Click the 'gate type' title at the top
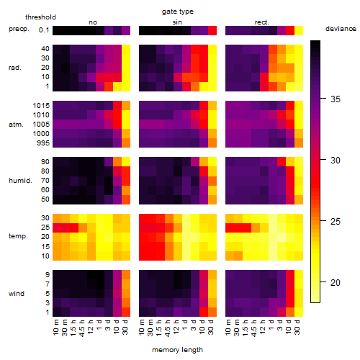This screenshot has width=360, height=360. (178, 12)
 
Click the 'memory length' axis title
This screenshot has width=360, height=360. (177, 350)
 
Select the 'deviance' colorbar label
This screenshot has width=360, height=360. (341, 29)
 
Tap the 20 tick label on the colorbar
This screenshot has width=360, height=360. (336, 282)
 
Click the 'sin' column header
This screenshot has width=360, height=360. (177, 22)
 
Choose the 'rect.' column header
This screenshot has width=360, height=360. (261, 22)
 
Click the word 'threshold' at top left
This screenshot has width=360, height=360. (40, 17)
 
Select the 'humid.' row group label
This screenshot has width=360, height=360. (20, 181)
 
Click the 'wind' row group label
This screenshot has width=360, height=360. (17, 294)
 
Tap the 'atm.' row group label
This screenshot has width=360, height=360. (16, 125)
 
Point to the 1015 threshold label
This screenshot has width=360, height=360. (41, 106)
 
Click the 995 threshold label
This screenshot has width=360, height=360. (43, 143)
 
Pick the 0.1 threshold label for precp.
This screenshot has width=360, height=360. (44, 30)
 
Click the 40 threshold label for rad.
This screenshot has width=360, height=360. (45, 49)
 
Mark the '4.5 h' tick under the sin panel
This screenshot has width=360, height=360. (168, 328)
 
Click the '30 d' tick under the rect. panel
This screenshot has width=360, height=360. (297, 327)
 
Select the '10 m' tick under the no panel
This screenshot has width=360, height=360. (55, 328)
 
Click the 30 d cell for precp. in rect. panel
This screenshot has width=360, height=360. (299, 31)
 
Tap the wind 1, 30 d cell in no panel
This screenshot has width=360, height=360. (126, 312)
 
